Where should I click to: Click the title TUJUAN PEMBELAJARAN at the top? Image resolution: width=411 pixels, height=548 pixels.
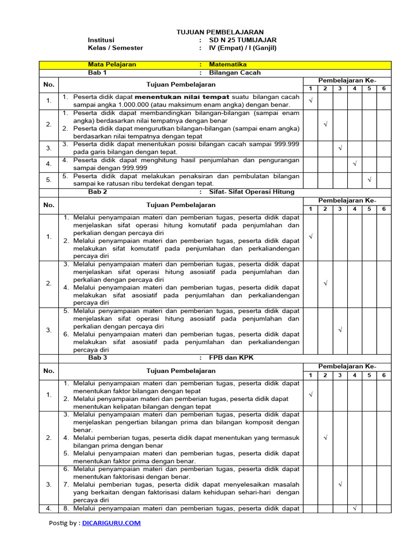click(x=220, y=32)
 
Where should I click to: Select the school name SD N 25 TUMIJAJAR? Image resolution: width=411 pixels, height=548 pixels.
click(x=242, y=40)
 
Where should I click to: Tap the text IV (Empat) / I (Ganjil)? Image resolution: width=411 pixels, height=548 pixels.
click(x=242, y=48)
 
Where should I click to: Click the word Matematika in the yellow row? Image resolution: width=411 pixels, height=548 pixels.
click(x=228, y=64)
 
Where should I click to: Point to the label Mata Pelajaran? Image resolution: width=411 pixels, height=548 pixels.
click(x=112, y=64)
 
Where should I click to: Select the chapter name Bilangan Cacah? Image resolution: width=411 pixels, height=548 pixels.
click(x=234, y=72)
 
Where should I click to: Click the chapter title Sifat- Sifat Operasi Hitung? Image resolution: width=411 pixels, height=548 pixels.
click(x=252, y=192)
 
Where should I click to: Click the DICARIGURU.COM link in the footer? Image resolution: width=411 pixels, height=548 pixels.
click(x=112, y=523)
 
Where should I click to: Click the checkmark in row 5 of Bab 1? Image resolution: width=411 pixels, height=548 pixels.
click(x=369, y=180)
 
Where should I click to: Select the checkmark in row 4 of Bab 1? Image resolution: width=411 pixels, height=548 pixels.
click(x=354, y=163)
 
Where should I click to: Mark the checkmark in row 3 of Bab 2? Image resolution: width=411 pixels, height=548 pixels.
click(x=339, y=330)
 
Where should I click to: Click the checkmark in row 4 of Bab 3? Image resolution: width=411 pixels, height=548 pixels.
click(x=354, y=508)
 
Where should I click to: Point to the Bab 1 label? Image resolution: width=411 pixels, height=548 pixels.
click(x=97, y=72)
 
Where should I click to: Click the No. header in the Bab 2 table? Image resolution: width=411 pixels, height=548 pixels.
click(x=49, y=204)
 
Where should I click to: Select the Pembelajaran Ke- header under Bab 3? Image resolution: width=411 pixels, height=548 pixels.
click(x=347, y=366)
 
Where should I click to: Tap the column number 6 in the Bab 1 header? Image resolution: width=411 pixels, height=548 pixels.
click(x=383, y=88)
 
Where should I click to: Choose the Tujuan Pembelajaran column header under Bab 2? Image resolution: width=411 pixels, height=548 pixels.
click(x=181, y=204)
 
